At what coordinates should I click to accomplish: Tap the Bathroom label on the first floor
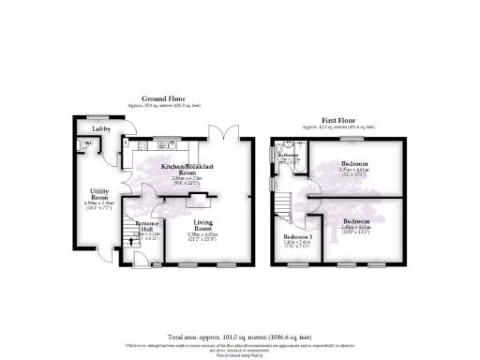click(x=288, y=155)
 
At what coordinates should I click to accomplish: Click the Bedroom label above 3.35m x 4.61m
click(x=353, y=164)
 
